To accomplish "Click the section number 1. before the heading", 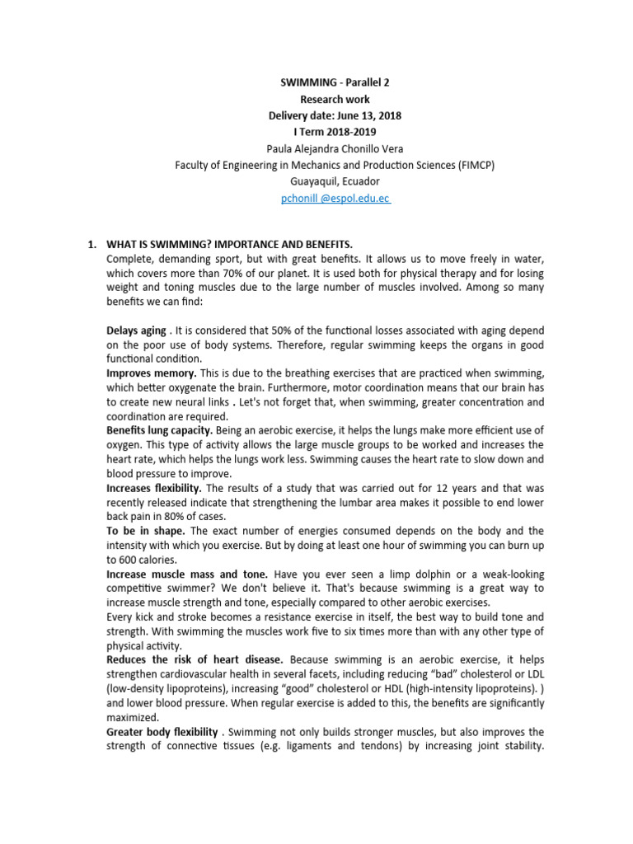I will [92, 245].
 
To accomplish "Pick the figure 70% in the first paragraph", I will [264, 274].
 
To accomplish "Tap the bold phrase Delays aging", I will [136, 331].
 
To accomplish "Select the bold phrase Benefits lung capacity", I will [160, 430].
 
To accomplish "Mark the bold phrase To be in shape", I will [139, 531].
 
